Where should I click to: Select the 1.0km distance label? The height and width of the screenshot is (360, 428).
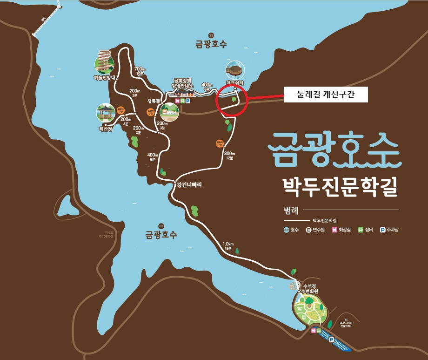coord(228,245)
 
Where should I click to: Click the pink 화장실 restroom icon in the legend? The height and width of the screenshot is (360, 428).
coord(334,230)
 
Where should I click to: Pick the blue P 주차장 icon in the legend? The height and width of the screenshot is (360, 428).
coord(382,230)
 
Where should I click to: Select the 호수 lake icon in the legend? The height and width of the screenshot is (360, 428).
coord(287,230)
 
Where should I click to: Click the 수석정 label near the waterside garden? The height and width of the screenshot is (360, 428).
coord(310,286)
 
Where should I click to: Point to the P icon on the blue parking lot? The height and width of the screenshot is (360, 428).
coord(332,340)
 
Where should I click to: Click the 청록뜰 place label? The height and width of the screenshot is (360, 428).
coord(154,101)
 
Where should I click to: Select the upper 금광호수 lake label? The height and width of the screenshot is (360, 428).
coord(211,45)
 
